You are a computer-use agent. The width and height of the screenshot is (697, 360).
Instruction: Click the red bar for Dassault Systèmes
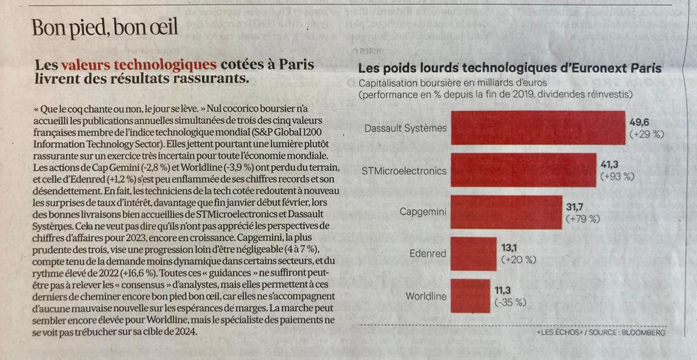click(538, 128)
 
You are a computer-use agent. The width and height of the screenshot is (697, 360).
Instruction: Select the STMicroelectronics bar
click(523, 170)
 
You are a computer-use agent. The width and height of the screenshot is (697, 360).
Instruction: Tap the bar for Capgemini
click(506, 212)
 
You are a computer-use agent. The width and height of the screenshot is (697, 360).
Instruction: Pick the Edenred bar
click(474, 254)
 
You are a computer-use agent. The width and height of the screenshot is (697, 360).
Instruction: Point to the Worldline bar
click(470, 296)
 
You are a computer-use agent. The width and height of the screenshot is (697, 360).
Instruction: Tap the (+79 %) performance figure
click(583, 219)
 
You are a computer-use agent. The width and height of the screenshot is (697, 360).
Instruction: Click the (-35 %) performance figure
click(510, 303)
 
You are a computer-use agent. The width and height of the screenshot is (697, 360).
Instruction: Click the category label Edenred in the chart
click(427, 255)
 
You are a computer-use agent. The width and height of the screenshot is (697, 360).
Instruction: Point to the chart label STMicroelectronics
click(404, 170)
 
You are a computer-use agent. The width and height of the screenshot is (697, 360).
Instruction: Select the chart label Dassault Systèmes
click(406, 129)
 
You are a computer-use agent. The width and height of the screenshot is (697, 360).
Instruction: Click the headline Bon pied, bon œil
click(105, 28)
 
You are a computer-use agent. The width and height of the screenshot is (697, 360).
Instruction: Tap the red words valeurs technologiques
click(139, 65)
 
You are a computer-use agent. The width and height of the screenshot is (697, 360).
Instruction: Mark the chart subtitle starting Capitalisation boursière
click(496, 89)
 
